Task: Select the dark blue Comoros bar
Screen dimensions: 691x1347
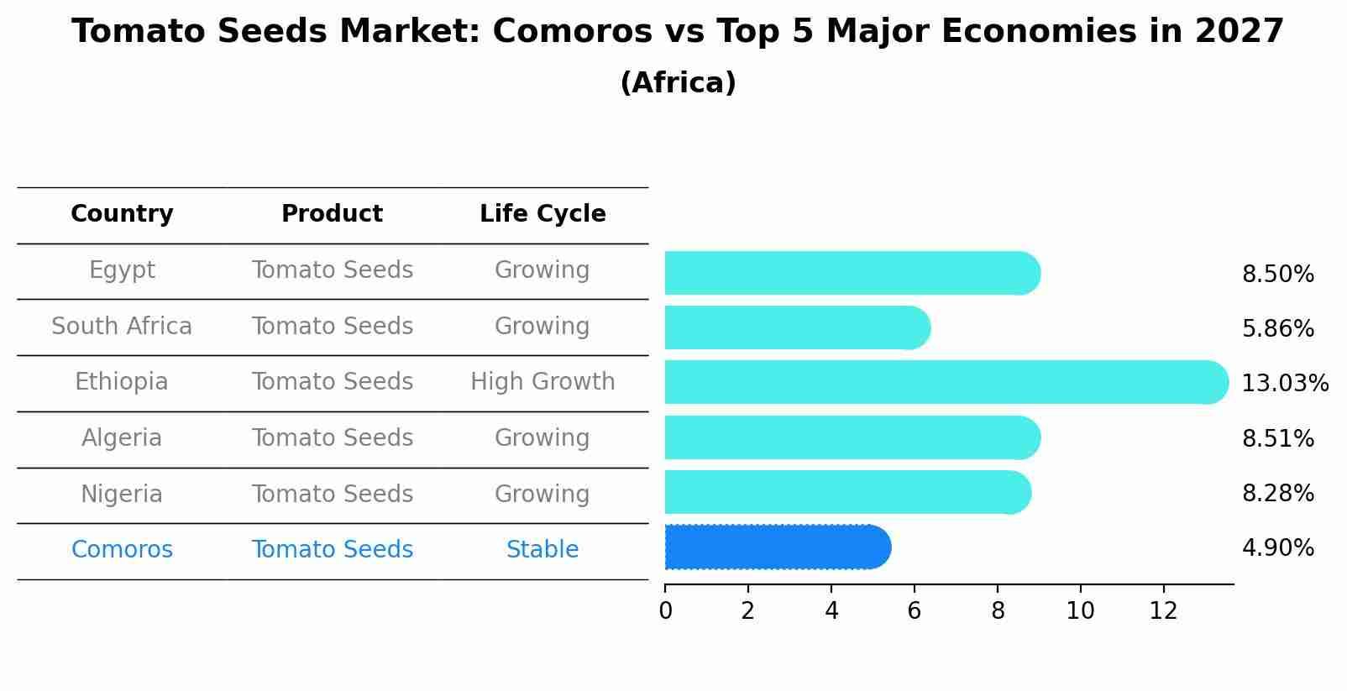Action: tap(777, 547)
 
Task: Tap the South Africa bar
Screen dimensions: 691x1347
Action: tap(797, 327)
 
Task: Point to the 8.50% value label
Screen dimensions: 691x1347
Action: tap(1277, 275)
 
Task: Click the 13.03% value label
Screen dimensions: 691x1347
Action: tap(1284, 384)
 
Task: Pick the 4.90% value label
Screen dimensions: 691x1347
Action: tap(1277, 548)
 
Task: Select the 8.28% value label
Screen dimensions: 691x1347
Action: tap(1277, 493)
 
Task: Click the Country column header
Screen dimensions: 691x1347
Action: tap(122, 214)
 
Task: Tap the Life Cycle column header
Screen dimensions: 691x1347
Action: tap(542, 214)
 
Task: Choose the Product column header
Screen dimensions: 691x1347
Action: tap(332, 214)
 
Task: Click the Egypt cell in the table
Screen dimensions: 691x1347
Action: tap(122, 270)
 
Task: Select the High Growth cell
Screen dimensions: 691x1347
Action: tap(542, 382)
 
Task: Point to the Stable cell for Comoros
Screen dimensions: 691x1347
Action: tap(542, 550)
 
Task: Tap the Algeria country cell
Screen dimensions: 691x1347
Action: tap(122, 438)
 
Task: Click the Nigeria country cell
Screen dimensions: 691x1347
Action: tap(122, 494)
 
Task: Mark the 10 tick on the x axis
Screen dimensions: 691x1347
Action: tap(1080, 611)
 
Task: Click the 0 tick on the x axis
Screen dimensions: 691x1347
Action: tap(665, 611)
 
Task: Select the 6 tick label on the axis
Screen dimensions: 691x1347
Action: tap(915, 611)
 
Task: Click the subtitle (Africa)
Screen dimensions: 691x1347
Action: tap(678, 83)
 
